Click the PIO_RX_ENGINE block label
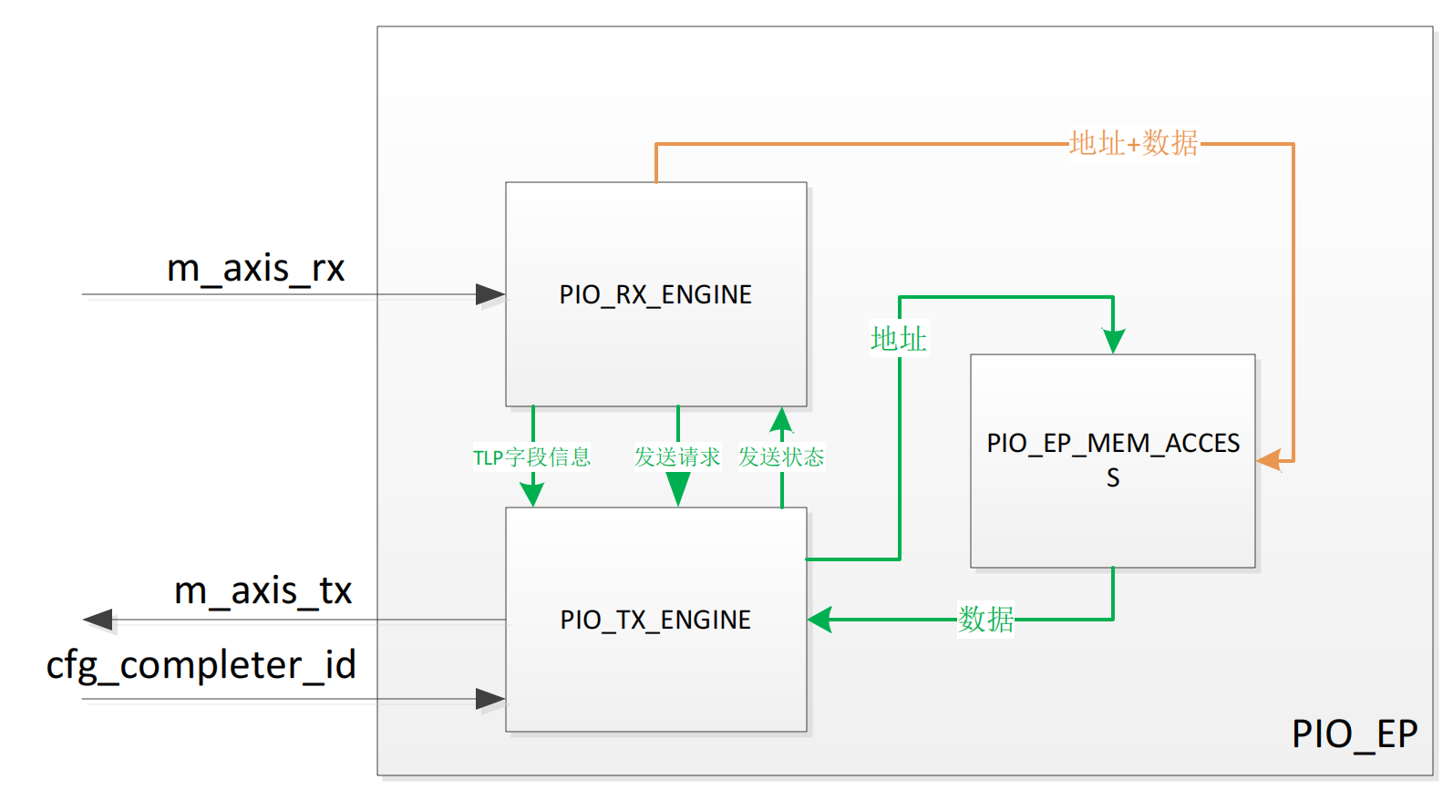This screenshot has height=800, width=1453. pyautogui.click(x=655, y=294)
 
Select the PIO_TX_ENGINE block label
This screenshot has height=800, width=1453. pyautogui.click(x=655, y=620)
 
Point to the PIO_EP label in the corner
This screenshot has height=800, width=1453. pyautogui.click(x=1355, y=733)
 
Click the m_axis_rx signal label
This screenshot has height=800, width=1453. pyautogui.click(x=255, y=268)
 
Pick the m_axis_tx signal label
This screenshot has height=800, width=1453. pyautogui.click(x=263, y=590)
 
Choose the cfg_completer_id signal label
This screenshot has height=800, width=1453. pyautogui.click(x=201, y=665)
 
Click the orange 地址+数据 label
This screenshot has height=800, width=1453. pyautogui.click(x=1133, y=143)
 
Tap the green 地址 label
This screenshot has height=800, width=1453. pyautogui.click(x=898, y=339)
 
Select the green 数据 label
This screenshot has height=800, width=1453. pyautogui.click(x=985, y=620)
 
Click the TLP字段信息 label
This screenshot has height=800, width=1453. pyautogui.click(x=531, y=456)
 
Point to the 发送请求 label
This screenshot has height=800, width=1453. pyautogui.click(x=677, y=456)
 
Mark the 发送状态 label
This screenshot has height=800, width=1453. pyautogui.click(x=781, y=456)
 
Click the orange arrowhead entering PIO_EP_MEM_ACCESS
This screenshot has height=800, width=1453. pyautogui.click(x=1270, y=460)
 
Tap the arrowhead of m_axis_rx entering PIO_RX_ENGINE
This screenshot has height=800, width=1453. pyautogui.click(x=490, y=294)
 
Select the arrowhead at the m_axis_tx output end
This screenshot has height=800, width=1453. pyautogui.click(x=98, y=621)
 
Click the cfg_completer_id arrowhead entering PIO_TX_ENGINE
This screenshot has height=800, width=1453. pyautogui.click(x=490, y=699)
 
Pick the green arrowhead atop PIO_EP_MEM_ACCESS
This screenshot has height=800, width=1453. pyautogui.click(x=1113, y=342)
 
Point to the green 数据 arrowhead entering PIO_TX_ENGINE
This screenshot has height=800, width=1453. pyautogui.click(x=820, y=620)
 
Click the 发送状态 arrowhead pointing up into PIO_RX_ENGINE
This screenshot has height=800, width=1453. pyautogui.click(x=781, y=419)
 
